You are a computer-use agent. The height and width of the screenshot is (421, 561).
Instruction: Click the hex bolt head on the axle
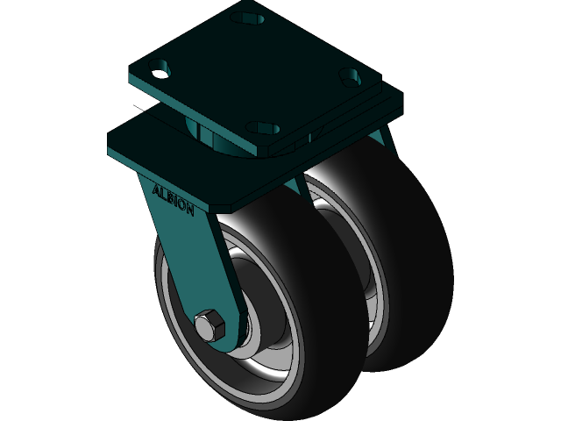[210, 325]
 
